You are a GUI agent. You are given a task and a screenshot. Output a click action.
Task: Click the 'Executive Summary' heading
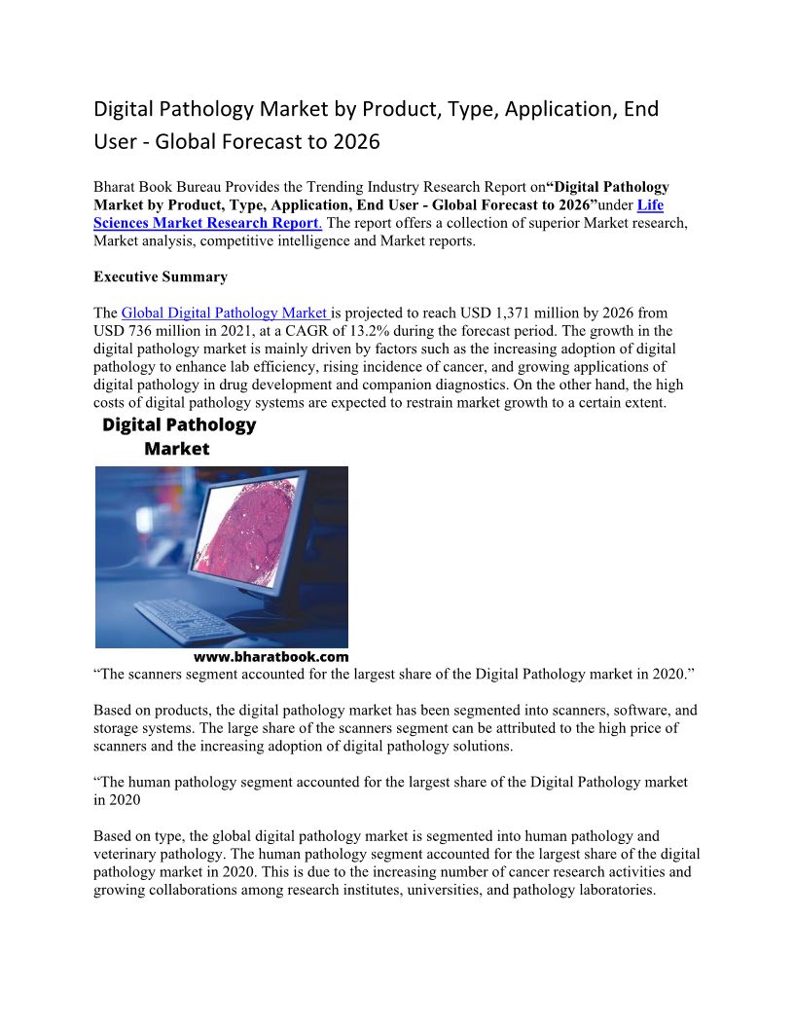pos(161,277)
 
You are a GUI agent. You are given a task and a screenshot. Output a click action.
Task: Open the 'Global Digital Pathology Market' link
pos(226,313)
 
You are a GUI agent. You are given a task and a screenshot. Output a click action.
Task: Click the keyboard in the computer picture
pos(189,616)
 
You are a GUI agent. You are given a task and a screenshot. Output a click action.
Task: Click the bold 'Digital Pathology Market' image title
pos(179,436)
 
